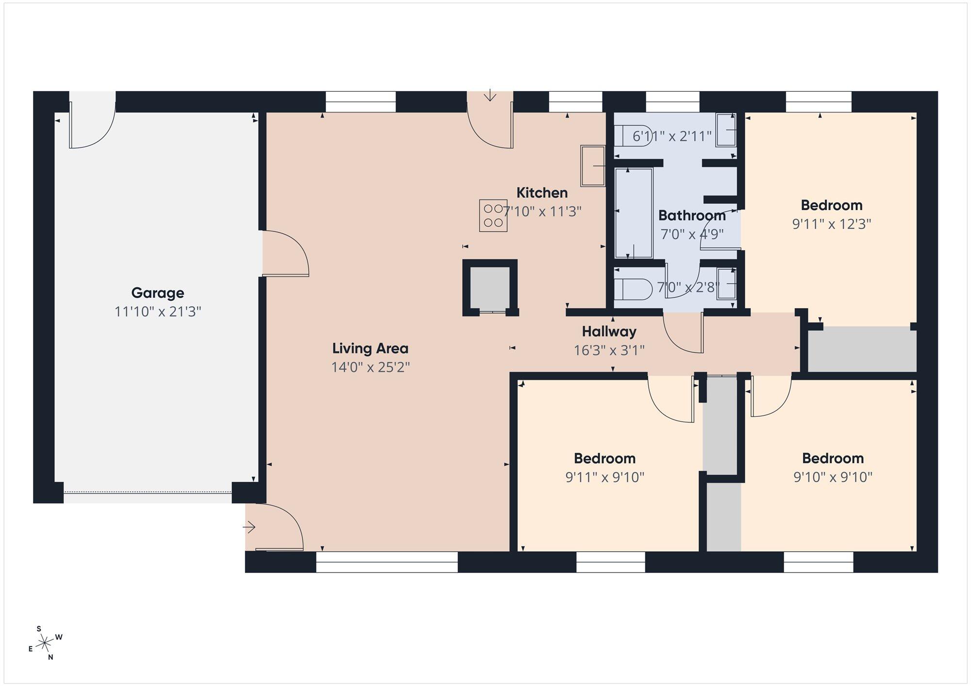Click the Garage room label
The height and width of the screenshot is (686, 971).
158,293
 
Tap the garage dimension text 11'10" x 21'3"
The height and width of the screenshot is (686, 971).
158,311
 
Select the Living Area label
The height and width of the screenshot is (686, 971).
370,348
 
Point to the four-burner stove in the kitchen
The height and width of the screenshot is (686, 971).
493,215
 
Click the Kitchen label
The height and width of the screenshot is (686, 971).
542,193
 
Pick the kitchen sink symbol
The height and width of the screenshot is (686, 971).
593,165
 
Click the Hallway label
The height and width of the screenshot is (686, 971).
609,332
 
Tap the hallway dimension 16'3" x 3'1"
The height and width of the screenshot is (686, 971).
609,350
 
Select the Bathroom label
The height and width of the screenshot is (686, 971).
692,215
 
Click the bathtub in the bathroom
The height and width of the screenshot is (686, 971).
634,213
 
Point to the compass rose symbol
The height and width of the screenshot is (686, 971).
45,643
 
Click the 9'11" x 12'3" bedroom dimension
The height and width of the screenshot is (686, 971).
832,224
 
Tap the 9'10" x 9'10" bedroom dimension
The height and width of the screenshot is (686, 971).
833,477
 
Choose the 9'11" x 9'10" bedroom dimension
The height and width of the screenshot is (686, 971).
604,477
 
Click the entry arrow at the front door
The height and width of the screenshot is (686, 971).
249,527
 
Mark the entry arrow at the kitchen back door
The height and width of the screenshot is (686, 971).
490,95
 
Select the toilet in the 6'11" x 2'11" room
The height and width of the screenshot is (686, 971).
633,135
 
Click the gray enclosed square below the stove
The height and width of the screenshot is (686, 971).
490,288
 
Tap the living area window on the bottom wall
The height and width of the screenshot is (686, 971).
387,562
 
